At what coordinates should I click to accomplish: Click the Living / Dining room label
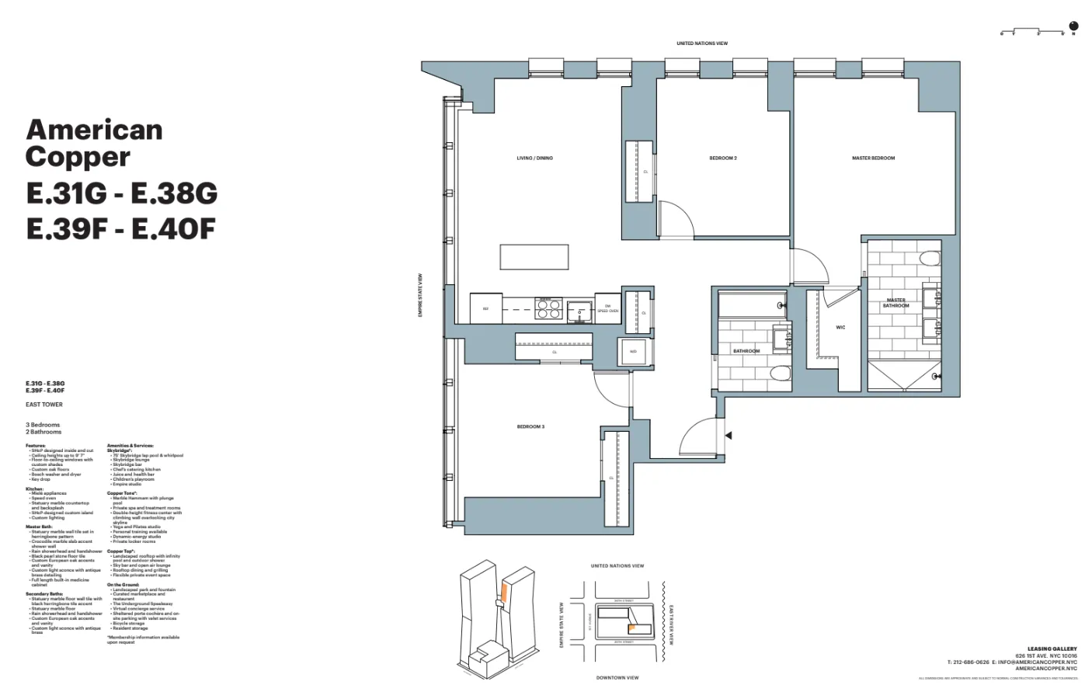[534, 158]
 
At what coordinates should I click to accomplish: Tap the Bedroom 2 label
[722, 158]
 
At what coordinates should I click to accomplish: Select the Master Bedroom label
[873, 158]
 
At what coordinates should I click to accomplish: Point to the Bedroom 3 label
[530, 426]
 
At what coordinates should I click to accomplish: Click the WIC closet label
[840, 328]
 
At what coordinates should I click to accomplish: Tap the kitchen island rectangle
[534, 257]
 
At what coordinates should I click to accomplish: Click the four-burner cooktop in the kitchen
[549, 309]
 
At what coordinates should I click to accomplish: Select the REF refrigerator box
[485, 309]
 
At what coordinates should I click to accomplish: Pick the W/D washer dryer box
[633, 352]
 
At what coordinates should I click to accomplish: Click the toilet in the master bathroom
[929, 259]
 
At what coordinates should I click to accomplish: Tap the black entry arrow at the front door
[728, 436]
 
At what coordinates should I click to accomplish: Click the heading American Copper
[94, 143]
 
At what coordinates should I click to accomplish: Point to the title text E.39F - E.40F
[120, 229]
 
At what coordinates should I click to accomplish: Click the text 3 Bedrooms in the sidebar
[43, 425]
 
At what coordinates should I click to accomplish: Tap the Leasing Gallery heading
[1052, 649]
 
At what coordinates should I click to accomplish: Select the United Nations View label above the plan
[701, 43]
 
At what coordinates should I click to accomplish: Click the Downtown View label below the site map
[617, 678]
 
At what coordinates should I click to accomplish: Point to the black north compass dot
[1074, 26]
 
